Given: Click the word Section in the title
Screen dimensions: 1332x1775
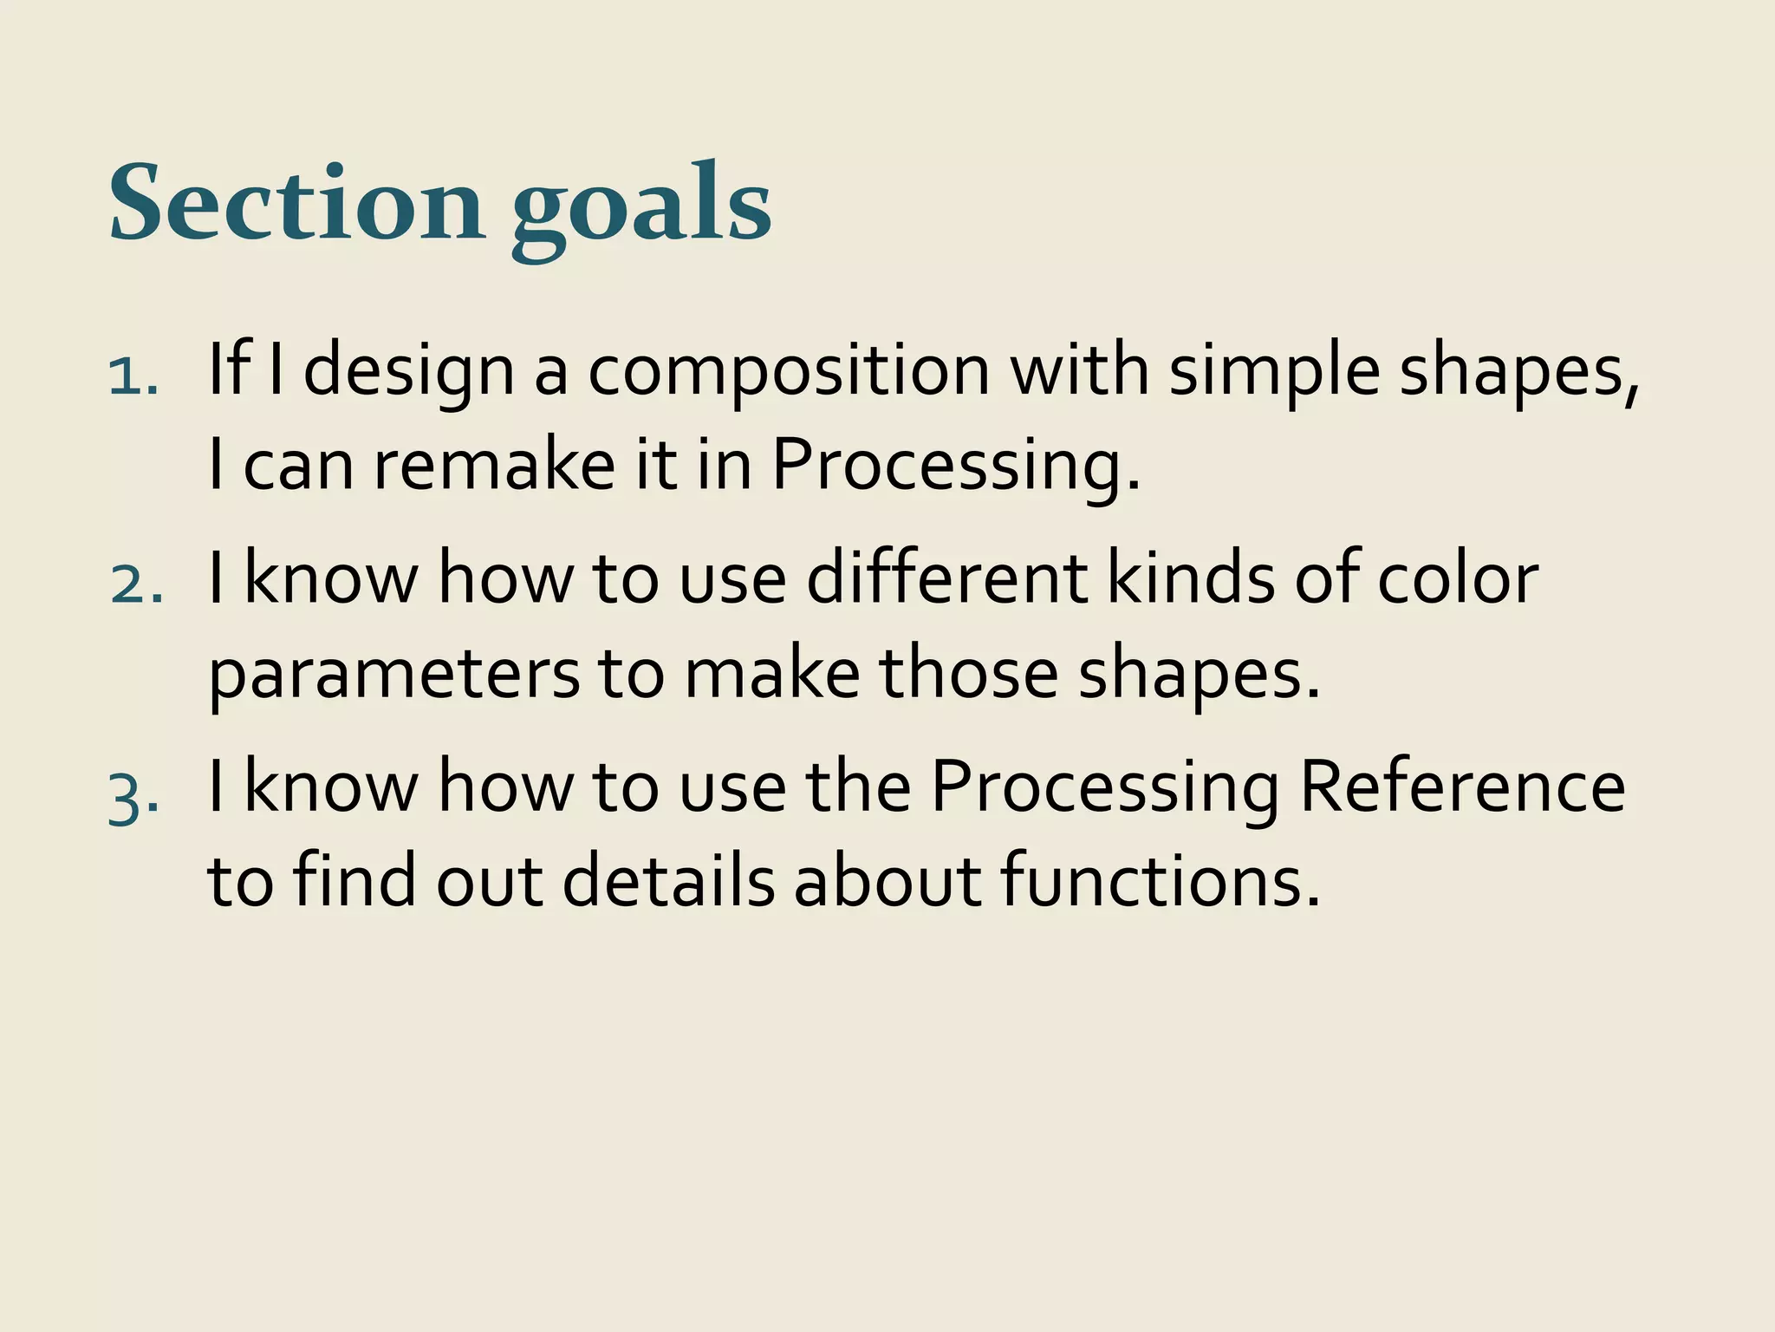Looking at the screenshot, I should (x=296, y=204).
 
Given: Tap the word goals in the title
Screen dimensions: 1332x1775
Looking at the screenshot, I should (x=640, y=208).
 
